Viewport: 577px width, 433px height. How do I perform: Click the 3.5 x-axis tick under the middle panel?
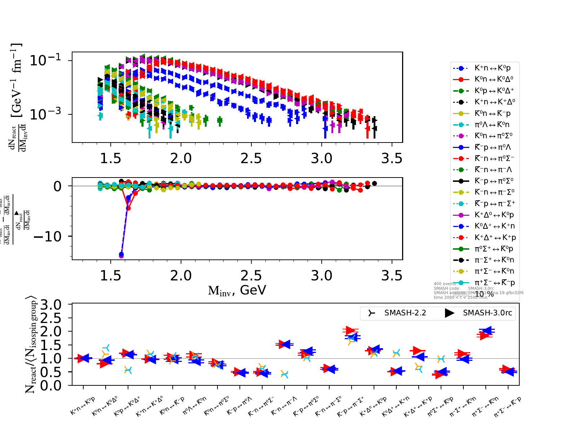coord(392,276)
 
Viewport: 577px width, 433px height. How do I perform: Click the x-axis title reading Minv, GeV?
coord(237,290)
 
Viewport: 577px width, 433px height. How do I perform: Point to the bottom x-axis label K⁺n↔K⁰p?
coord(83,406)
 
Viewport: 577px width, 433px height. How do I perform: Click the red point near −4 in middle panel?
coord(128,208)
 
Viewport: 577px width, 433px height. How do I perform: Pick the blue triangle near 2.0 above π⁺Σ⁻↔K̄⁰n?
coord(487,331)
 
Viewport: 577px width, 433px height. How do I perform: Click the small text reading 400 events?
coord(445,284)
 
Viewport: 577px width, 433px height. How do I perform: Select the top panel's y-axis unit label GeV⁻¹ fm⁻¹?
coord(16,80)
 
